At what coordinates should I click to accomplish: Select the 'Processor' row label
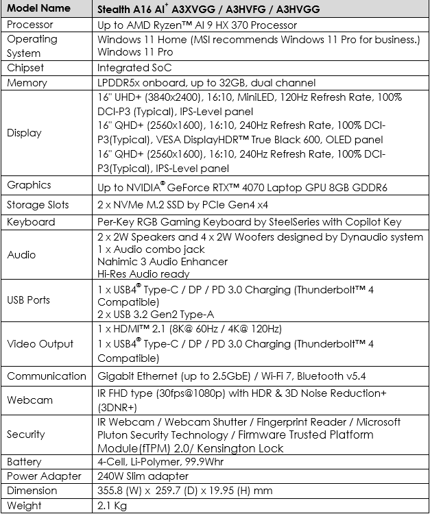tap(32, 24)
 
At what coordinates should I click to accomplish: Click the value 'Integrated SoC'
tap(134, 68)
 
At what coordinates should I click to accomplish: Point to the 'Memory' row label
tap(27, 82)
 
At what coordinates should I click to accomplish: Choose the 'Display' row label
tap(24, 133)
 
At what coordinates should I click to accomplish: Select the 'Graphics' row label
tap(29, 185)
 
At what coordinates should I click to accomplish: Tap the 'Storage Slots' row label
tap(40, 204)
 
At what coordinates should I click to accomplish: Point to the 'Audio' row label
tap(21, 255)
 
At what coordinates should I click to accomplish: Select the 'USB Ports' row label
tap(29, 299)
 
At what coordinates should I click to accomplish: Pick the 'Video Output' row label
tap(39, 344)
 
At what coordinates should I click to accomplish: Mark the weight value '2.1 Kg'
tap(114, 506)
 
